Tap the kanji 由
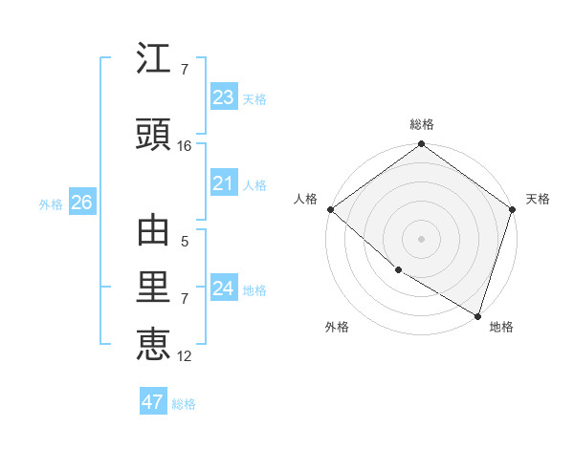tap(154, 232)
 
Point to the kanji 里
tap(154, 289)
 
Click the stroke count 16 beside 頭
tap(185, 146)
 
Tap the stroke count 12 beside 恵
tap(185, 356)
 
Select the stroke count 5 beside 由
tap(185, 243)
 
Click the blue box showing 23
tap(224, 97)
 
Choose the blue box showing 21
tap(224, 183)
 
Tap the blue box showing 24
tap(224, 289)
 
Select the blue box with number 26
tap(81, 203)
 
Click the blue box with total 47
tap(153, 402)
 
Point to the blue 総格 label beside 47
tap(184, 404)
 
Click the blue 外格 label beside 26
tap(52, 203)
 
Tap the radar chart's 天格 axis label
tap(538, 199)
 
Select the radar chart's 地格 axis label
tap(501, 327)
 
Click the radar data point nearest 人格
tap(330, 209)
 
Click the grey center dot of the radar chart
tap(421, 239)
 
